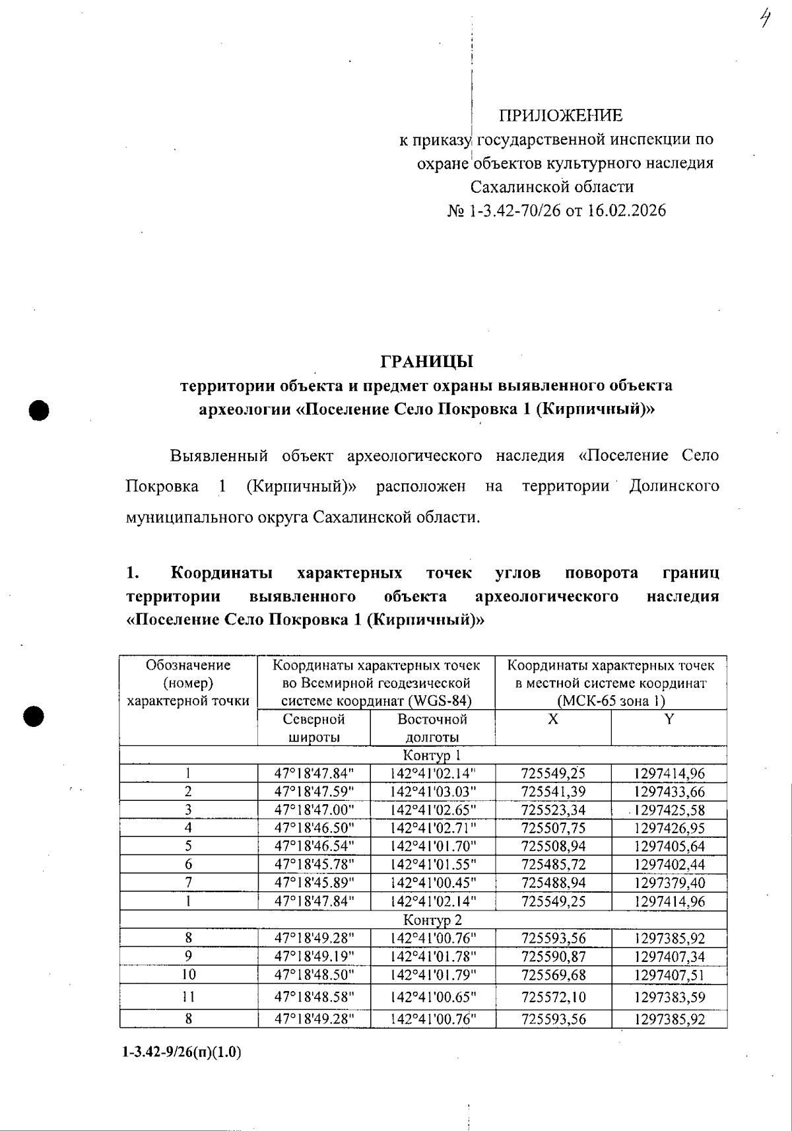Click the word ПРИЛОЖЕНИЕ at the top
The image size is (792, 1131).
(x=560, y=116)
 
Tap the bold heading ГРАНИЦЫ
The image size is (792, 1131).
(x=427, y=361)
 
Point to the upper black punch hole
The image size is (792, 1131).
(x=40, y=409)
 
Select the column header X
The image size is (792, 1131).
(x=552, y=719)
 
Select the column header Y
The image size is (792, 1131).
(x=669, y=719)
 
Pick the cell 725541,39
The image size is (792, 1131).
(x=553, y=792)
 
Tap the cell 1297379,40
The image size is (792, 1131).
(x=669, y=883)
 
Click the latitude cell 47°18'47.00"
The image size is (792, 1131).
(x=314, y=810)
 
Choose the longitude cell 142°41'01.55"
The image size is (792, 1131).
(x=433, y=864)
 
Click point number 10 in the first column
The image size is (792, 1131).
(x=189, y=975)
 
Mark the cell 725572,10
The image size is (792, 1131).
(x=553, y=997)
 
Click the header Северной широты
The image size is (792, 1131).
(x=314, y=728)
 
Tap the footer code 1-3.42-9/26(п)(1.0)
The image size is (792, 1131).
(x=181, y=1052)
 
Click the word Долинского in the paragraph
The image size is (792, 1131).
(x=673, y=487)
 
